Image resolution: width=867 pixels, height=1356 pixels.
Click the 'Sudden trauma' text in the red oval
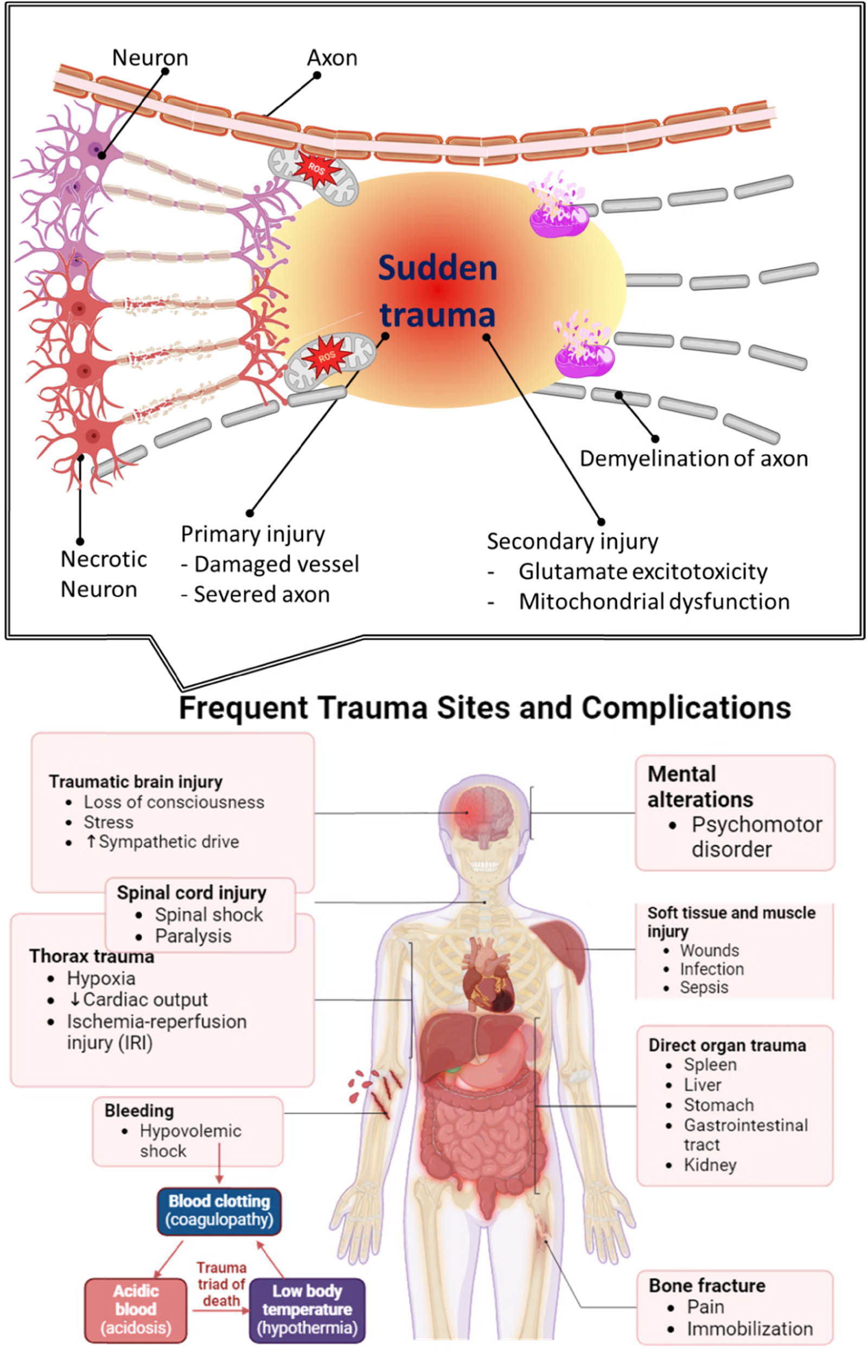[x=437, y=291]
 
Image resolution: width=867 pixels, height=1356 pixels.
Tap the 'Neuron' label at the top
[x=150, y=58]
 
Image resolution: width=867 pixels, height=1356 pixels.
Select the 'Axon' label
[x=332, y=58]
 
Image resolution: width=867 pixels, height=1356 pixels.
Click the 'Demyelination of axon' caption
[x=693, y=458]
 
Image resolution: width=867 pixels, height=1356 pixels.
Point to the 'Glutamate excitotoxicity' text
[x=642, y=572]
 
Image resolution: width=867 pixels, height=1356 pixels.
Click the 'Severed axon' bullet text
[x=262, y=594]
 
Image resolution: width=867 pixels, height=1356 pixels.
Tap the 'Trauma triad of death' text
[x=221, y=1284]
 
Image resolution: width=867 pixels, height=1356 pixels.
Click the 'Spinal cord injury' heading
[x=192, y=893]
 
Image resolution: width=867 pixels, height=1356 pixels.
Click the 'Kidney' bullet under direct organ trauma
[x=710, y=1165]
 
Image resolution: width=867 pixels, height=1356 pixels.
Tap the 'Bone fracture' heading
[x=707, y=1285]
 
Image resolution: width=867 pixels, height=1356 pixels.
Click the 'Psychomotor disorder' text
[x=756, y=837]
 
